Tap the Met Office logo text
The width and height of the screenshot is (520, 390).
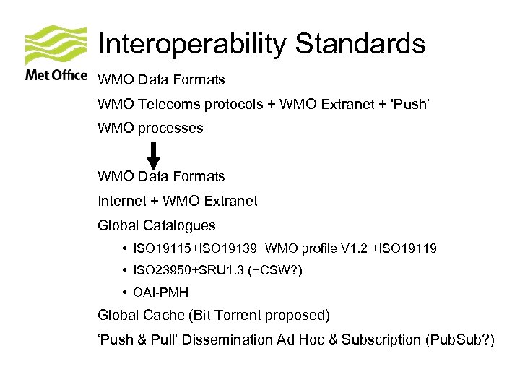[x=56, y=74]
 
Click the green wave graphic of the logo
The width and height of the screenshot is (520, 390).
[x=56, y=45]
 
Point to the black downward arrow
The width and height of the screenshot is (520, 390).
[x=153, y=154]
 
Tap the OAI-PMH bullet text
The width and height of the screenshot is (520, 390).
[x=160, y=293]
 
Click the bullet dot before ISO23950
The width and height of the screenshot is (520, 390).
[x=126, y=271]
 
